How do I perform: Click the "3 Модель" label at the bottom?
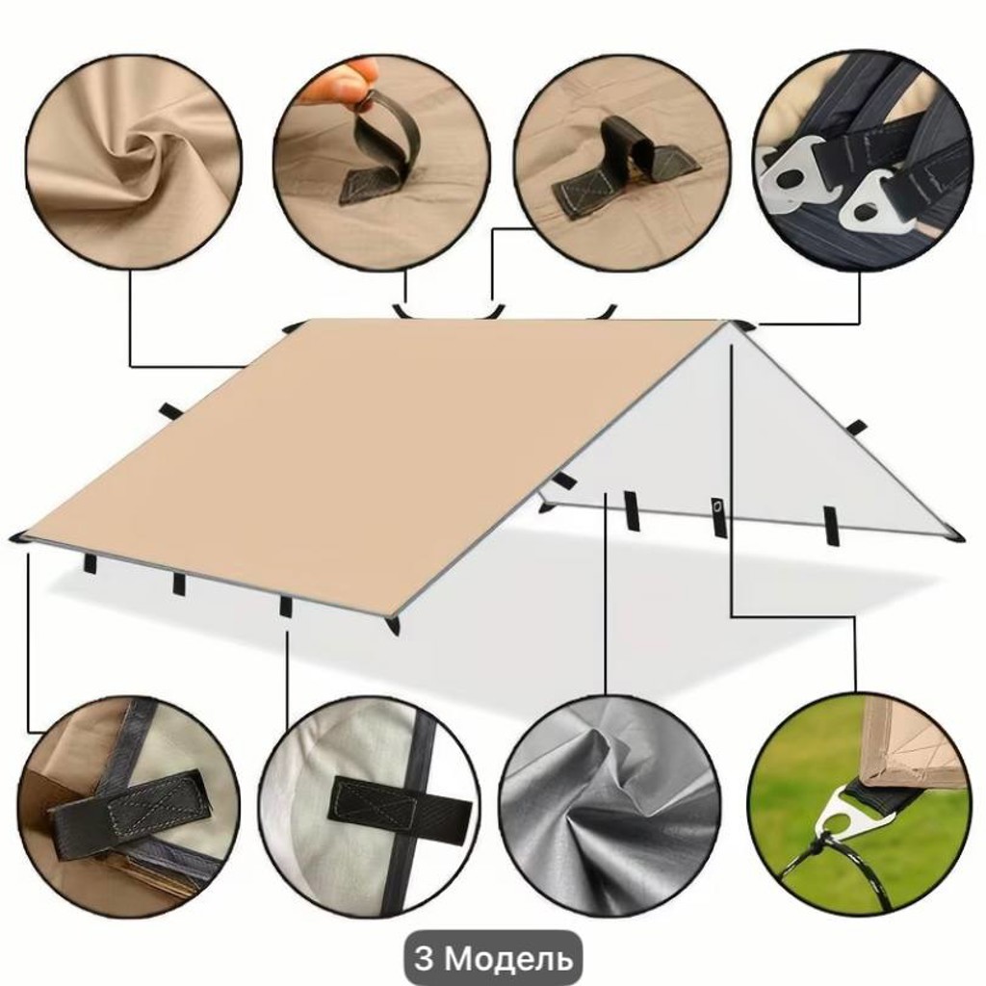pos(493,958)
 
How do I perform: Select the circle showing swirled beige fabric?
pos(133,161)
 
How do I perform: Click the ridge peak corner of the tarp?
pos(732,324)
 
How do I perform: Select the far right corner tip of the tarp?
pos(957,535)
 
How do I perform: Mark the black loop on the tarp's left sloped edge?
pos(170,412)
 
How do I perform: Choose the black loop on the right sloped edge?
pos(856,428)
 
